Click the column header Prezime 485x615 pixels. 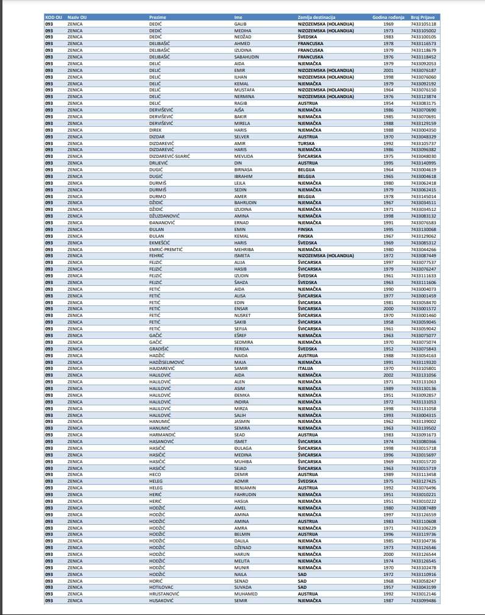(158, 17)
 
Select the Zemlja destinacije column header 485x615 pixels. (316, 17)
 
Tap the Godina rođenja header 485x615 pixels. (388, 17)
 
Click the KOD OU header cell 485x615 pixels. (53, 17)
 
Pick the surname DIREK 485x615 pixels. (155, 129)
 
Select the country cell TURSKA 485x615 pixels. (306, 143)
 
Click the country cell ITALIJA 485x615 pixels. (305, 368)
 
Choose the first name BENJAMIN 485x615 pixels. (245, 488)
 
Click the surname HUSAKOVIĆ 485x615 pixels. (163, 600)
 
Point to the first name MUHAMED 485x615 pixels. (246, 593)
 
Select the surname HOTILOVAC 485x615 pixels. (162, 587)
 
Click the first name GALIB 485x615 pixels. (240, 23)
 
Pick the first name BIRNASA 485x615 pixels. (243, 169)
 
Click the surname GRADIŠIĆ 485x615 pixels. (160, 349)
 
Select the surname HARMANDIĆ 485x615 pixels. (163, 435)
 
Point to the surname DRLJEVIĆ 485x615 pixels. (160, 163)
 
